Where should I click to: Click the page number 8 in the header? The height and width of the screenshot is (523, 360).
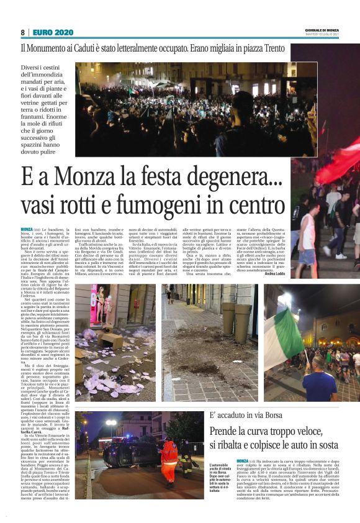coord(23,32)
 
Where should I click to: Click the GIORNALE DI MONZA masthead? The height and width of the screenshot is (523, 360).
coord(322,30)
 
